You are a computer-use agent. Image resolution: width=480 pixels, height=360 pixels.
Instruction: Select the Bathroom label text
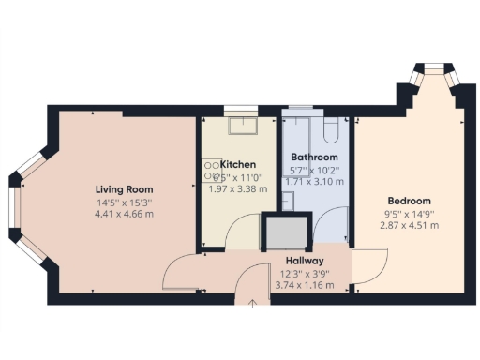[x=314, y=157]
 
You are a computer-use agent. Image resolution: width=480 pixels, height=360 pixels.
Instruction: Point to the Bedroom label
[x=409, y=201]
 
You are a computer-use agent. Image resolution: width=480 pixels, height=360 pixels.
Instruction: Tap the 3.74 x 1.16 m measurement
[x=303, y=286]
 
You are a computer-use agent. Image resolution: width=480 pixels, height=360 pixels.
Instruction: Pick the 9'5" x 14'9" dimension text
[x=409, y=214]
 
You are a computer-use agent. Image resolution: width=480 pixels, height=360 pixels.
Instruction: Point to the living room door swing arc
[x=178, y=275]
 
